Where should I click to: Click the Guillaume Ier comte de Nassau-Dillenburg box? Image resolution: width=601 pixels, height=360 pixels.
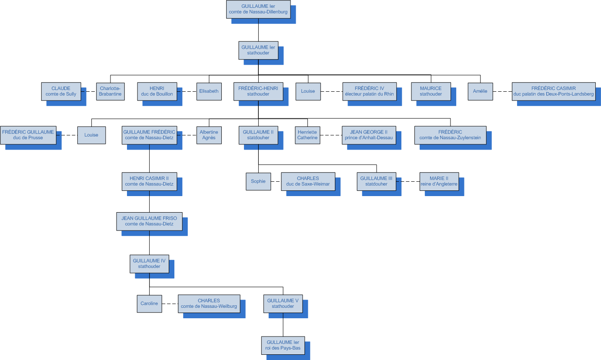click(x=258, y=9)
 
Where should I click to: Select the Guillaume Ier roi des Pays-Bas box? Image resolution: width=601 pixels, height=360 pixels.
click(x=283, y=345)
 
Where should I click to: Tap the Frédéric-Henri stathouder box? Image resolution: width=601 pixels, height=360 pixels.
click(x=258, y=91)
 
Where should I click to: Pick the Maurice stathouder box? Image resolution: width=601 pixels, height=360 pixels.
click(x=431, y=91)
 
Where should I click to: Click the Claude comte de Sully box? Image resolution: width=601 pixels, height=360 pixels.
click(x=61, y=91)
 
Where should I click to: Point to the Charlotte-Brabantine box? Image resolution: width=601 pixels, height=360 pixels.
click(x=110, y=91)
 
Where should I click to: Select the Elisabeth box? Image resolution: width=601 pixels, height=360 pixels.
click(x=209, y=91)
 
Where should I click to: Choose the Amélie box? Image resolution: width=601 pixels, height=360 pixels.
click(x=480, y=91)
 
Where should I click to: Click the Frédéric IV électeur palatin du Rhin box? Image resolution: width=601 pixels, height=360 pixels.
click(x=370, y=91)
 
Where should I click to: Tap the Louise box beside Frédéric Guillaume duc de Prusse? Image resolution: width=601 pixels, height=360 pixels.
click(x=91, y=135)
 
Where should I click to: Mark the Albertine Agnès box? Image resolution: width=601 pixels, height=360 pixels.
click(x=209, y=135)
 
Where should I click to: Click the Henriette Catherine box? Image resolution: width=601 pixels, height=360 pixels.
click(x=307, y=135)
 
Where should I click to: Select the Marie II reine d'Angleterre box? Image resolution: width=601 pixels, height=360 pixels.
click(x=439, y=181)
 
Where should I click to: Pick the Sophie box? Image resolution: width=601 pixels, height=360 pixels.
click(x=258, y=181)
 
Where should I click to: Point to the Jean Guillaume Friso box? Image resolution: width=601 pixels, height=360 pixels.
click(x=149, y=221)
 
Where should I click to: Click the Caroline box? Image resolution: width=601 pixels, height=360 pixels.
click(x=149, y=303)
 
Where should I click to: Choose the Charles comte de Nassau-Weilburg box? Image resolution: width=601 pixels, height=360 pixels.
click(x=209, y=303)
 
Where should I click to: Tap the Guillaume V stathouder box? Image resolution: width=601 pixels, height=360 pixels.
click(x=283, y=303)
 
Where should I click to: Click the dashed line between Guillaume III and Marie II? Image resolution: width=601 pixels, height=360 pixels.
click(x=407, y=181)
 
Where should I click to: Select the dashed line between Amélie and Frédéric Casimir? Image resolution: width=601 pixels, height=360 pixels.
click(x=502, y=91)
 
